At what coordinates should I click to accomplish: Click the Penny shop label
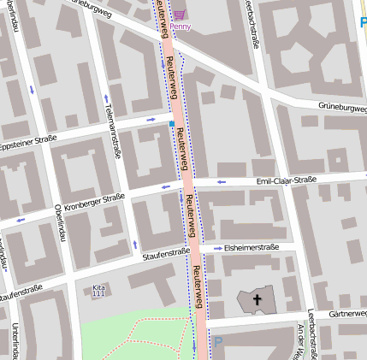click(x=181, y=26)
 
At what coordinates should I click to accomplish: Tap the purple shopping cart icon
click(x=180, y=14)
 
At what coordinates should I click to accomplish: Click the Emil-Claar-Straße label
click(x=287, y=180)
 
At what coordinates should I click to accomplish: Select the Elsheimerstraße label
click(x=251, y=247)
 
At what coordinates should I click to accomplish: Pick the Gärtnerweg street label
click(x=346, y=314)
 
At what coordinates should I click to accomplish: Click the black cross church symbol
click(x=256, y=299)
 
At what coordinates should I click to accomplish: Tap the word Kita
click(x=98, y=286)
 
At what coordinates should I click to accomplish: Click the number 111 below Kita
click(x=98, y=294)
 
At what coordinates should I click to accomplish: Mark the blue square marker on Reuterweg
click(x=171, y=124)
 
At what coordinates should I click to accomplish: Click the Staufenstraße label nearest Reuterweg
click(x=165, y=254)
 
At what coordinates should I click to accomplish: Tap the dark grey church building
click(x=256, y=300)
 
